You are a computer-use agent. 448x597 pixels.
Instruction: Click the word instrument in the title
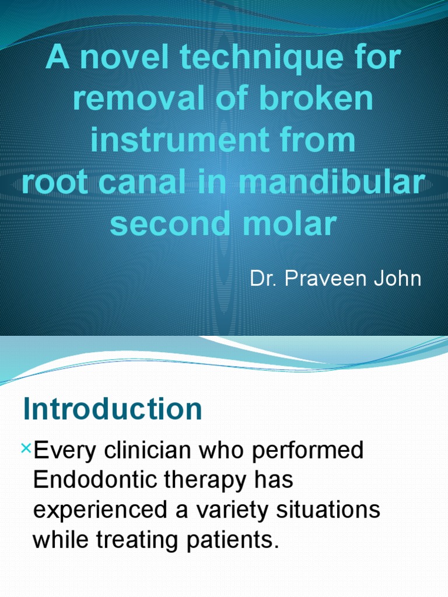184,142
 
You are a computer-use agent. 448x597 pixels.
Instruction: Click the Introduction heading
113,410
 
